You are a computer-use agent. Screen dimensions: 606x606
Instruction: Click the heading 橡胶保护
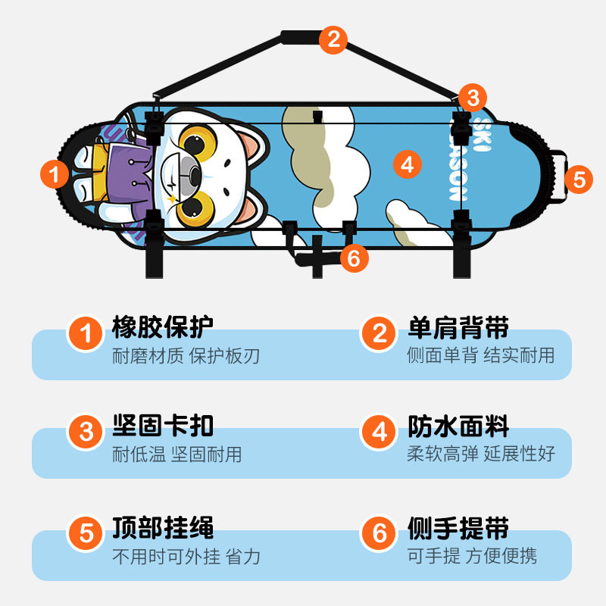click(x=163, y=327)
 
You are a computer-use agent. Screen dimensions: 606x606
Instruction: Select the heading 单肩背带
click(x=458, y=328)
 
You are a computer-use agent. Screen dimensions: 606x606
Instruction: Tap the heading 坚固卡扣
click(x=163, y=426)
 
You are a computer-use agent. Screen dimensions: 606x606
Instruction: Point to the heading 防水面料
click(x=458, y=426)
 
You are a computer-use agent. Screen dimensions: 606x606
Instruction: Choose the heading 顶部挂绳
click(x=163, y=527)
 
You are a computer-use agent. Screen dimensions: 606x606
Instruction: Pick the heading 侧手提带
click(x=458, y=527)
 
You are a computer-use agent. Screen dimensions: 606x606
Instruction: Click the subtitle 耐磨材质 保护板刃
click(x=186, y=356)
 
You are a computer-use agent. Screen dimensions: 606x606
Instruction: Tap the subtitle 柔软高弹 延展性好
click(x=481, y=454)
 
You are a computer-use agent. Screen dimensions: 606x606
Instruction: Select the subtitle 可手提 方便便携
click(x=472, y=557)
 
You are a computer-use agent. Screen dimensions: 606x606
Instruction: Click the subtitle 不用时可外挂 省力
click(x=186, y=557)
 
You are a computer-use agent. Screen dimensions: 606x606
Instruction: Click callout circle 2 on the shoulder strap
click(x=333, y=39)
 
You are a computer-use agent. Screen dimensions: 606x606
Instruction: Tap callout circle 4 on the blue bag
click(x=407, y=164)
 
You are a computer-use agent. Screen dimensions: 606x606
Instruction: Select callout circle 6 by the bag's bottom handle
click(x=354, y=258)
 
